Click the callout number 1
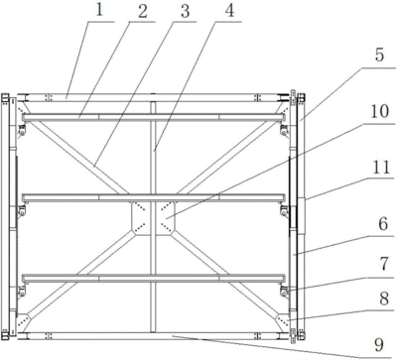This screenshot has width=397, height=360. [99, 10]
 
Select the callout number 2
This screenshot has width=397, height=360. [143, 12]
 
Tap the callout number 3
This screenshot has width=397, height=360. [185, 11]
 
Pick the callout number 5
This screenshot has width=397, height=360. [379, 55]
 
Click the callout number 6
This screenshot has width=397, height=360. [383, 224]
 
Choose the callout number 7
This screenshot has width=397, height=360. [384, 264]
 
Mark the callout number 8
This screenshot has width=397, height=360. [384, 299]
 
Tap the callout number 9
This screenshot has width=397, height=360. [379, 345]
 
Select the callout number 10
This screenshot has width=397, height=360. [379, 111]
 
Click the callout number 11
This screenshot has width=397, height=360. [381, 168]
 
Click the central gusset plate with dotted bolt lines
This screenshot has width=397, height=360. [153, 218]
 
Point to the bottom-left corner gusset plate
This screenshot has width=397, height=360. [23, 321]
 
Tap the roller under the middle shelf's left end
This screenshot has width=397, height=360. [22, 211]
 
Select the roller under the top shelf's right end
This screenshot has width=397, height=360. [284, 129]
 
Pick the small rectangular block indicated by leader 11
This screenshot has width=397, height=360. [302, 216]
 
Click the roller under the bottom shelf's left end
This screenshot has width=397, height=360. [22, 292]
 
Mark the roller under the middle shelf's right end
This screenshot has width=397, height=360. [284, 211]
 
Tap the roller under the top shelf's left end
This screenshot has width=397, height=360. [22, 129]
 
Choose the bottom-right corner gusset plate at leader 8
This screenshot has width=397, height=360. [282, 321]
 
